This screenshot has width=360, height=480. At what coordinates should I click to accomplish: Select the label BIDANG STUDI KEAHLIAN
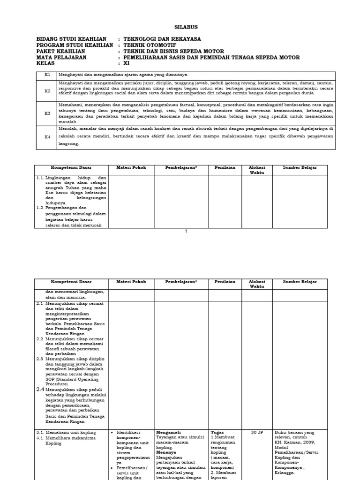click(x=71, y=39)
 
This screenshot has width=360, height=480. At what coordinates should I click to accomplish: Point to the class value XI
click(x=126, y=63)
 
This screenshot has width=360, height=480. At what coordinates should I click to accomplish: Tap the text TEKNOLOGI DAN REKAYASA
click(x=162, y=39)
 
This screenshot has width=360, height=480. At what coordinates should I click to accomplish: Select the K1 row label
click(x=47, y=75)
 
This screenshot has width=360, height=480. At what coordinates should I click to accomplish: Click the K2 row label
click(x=47, y=91)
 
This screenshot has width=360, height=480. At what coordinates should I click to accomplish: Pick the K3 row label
click(x=47, y=113)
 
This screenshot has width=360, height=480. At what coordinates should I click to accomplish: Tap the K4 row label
click(x=47, y=136)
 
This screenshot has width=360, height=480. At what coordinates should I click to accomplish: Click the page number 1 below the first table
click(x=186, y=231)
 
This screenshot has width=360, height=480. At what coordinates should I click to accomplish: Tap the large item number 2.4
click(x=41, y=389)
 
